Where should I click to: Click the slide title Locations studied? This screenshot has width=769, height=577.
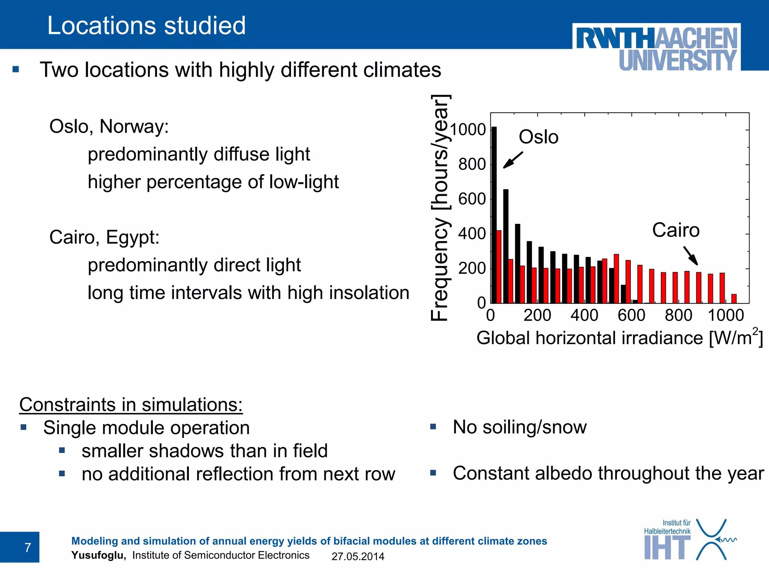tap(146, 26)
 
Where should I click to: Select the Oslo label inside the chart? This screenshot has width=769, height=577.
tap(538, 137)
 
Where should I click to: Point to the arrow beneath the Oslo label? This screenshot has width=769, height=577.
tap(513, 160)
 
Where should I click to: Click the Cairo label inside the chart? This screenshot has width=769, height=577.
tap(676, 230)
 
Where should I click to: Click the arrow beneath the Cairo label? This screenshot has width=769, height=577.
tap(691, 256)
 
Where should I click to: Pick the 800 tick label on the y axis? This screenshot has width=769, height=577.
tap(472, 164)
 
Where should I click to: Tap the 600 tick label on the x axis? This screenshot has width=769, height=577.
tap(631, 315)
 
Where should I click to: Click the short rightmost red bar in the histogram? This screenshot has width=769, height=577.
tap(734, 299)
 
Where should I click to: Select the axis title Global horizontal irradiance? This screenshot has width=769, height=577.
tap(620, 338)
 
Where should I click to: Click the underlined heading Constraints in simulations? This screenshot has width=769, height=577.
tap(131, 405)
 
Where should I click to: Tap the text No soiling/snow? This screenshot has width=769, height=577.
tap(520, 427)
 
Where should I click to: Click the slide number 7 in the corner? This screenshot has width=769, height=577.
tap(27, 547)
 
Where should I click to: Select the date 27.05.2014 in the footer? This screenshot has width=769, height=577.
tap(358, 556)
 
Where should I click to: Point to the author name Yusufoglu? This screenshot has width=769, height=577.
tap(98, 555)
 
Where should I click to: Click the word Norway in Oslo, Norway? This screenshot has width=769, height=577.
tap(134, 126)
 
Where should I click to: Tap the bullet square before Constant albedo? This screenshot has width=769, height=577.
tap(433, 473)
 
